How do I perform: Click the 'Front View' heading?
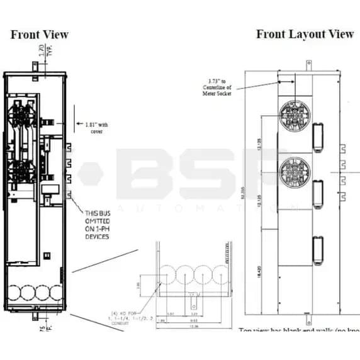pos(39,35)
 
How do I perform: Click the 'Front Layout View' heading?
pos(305,34)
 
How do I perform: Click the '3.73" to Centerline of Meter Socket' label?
pos(220,87)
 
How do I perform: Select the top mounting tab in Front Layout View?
pos(308,65)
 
